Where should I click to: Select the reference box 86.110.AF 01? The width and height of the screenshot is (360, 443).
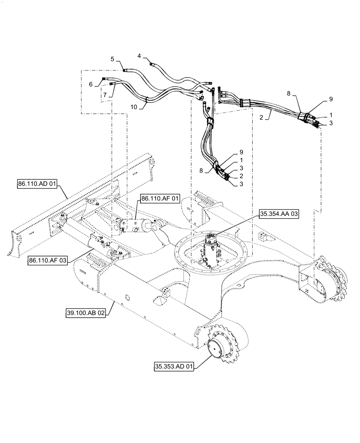pyautogui.click(x=160, y=199)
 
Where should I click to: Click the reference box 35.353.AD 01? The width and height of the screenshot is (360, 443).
pyautogui.click(x=174, y=367)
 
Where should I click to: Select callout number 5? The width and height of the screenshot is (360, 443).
pyautogui.click(x=113, y=59)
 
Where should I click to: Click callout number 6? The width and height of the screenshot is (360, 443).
pyautogui.click(x=90, y=84)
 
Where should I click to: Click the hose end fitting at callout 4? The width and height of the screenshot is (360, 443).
pyautogui.click(x=152, y=65)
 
